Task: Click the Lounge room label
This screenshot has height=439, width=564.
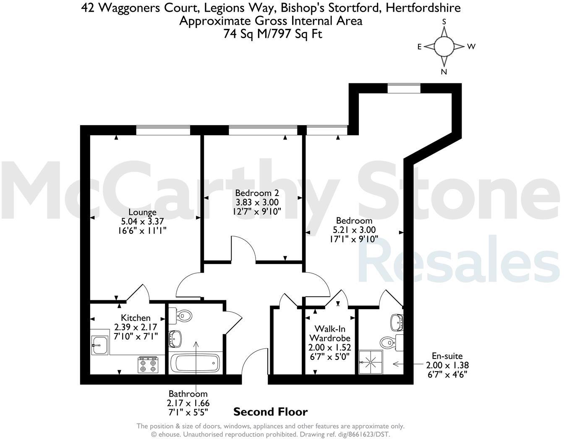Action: pos(142,212)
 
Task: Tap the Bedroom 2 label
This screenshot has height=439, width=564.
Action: pos(257,193)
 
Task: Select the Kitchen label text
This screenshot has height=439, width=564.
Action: pos(136,318)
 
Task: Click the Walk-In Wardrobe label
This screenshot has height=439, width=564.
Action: pos(329,333)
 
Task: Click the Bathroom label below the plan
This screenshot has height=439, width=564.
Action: pos(188,394)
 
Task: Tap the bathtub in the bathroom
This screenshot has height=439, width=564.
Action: pos(195,363)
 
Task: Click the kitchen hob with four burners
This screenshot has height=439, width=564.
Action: pos(148,364)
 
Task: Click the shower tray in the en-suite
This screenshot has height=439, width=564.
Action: pos(371,362)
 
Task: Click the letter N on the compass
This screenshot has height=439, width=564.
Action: pos(444,72)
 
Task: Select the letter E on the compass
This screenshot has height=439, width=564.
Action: pos(419,47)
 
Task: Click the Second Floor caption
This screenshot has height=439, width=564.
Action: pos(270,412)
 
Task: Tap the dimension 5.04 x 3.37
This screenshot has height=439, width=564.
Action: pos(142,221)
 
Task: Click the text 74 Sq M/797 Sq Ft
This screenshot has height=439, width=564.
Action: pos(273,34)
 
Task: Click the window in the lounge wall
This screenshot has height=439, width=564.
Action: pos(163,130)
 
